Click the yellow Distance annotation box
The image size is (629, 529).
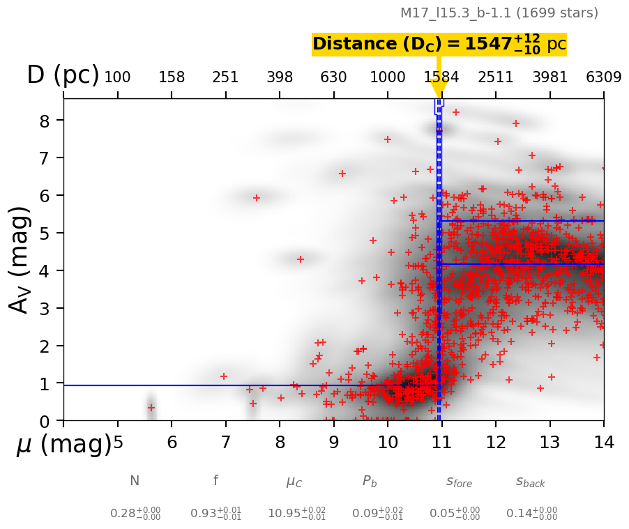click(439, 44)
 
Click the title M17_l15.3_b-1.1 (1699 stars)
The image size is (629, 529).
click(499, 13)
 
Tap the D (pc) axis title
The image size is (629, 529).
click(63, 75)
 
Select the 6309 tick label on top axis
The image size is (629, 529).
click(603, 77)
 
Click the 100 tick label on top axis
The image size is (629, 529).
click(117, 77)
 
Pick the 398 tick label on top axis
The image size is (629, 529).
click(280, 77)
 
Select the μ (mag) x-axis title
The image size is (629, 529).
click(63, 445)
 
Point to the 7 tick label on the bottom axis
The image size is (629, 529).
click(225, 443)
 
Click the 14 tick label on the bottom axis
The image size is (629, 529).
click(603, 443)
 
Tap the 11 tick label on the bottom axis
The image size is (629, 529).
click(441, 443)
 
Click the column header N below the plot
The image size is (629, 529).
click(135, 481)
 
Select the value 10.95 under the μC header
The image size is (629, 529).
click(296, 514)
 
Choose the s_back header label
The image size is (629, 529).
click(531, 482)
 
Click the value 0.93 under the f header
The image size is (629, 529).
click(215, 514)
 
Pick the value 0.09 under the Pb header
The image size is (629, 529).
click(377, 514)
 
